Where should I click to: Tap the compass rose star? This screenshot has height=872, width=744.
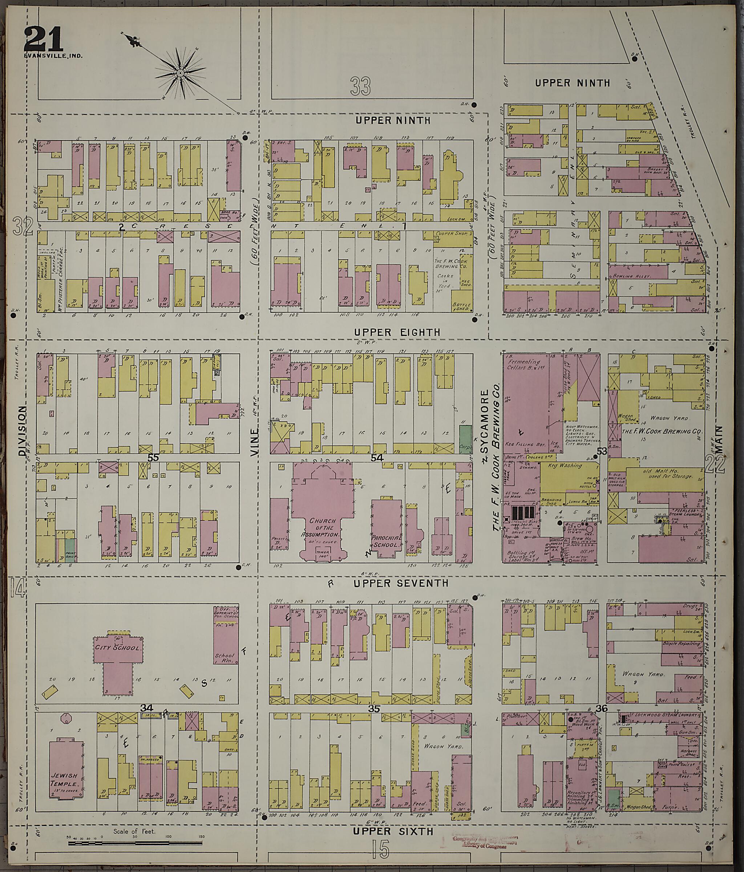pos(180,73)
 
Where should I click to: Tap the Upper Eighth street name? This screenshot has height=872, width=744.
pos(397,332)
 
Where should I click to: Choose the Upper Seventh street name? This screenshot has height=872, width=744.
pos(401,583)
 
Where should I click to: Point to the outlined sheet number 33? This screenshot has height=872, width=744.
pos(361,86)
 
